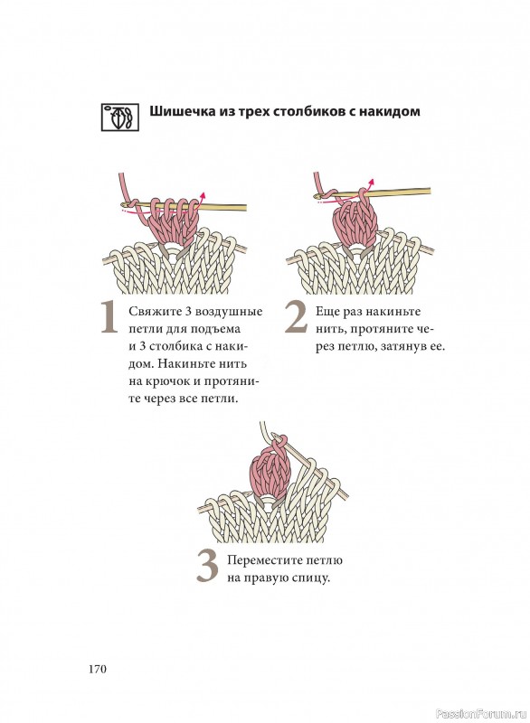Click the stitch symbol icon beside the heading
pos(120,117)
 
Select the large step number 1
pos(109,318)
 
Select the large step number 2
pos(296,317)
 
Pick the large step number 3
pos(206,567)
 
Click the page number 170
pos(98,669)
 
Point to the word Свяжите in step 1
pos(152,311)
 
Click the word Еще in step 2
pos(326,311)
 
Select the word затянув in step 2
pos(405,347)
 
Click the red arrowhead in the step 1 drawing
pos(202,195)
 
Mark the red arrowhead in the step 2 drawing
pos(370,183)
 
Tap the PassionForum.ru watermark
pos(481,714)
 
